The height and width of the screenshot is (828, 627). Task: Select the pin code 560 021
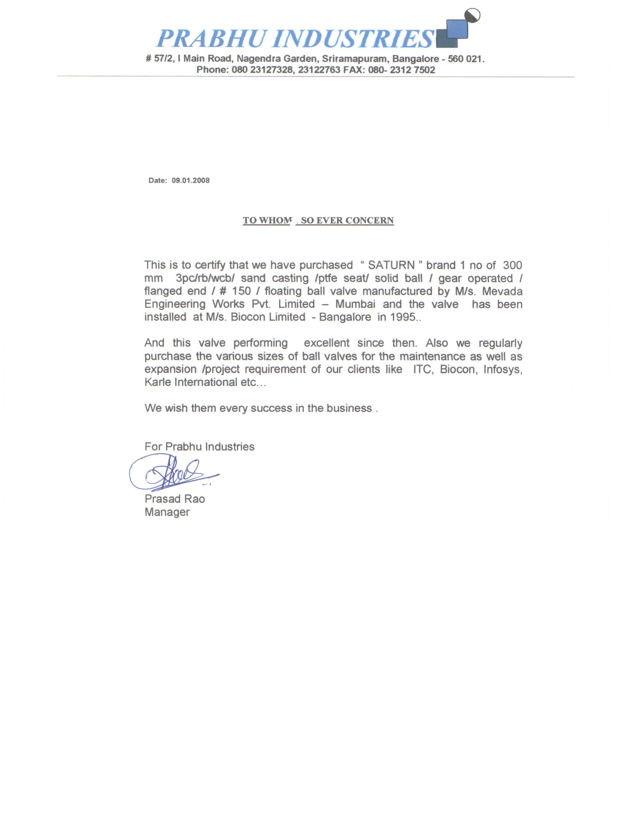coord(465,59)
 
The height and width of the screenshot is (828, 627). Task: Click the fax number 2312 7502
coord(413,70)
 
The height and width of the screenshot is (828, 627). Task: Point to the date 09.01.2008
coord(190,181)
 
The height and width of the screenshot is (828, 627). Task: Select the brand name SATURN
coord(391,265)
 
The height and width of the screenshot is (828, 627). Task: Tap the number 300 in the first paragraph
coord(512,265)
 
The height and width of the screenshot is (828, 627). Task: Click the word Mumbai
coord(355,304)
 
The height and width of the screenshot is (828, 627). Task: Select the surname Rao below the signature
coord(194,499)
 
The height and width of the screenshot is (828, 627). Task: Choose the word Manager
coord(167,512)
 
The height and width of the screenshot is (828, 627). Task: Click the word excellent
coord(327,343)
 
